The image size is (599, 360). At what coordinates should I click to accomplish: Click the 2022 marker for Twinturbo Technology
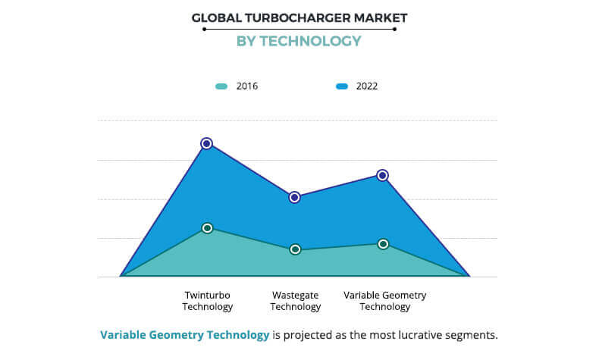206,143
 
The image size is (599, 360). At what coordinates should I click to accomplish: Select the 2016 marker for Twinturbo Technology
207,228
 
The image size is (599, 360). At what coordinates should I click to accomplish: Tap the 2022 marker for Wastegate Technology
295,197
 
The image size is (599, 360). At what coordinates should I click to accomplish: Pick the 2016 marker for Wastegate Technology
296,249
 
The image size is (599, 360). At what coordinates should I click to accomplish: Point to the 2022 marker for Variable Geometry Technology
383,175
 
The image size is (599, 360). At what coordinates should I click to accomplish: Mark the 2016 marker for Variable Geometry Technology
384,244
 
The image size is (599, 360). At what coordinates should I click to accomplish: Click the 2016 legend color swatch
221,86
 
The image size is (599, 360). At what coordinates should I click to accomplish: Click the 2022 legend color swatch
342,86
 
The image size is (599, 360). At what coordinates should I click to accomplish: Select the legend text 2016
247,86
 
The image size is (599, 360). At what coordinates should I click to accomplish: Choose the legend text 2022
367,86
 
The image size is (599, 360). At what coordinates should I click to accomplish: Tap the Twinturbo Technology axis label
207,301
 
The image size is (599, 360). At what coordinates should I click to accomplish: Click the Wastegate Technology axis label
296,301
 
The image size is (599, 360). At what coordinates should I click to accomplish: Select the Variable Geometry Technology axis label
384,301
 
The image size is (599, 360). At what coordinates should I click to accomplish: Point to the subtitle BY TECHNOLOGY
299,41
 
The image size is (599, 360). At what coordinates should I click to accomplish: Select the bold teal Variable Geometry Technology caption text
184,335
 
